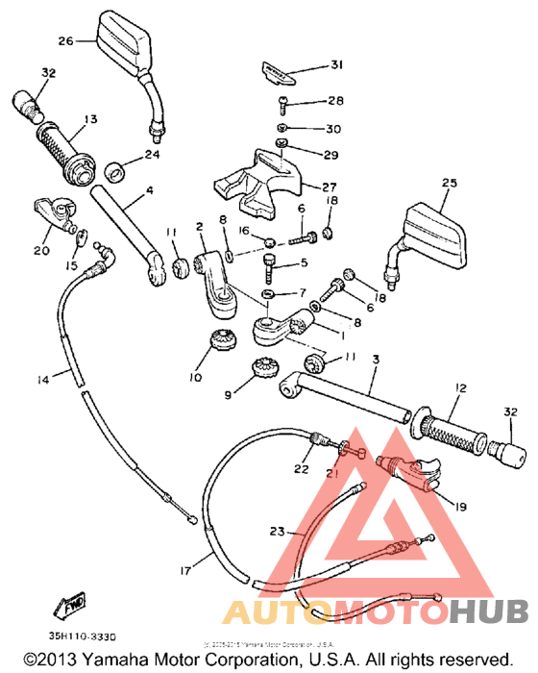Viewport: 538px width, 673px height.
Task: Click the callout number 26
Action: click(x=65, y=41)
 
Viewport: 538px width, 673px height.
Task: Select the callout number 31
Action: click(x=336, y=65)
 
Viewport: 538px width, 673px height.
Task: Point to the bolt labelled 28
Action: click(x=284, y=102)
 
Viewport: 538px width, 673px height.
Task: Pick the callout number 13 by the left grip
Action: click(x=90, y=119)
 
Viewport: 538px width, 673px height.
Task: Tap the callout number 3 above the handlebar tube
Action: click(x=376, y=359)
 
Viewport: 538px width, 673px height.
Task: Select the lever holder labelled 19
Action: click(x=411, y=472)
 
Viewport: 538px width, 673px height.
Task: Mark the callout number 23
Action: click(x=277, y=530)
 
